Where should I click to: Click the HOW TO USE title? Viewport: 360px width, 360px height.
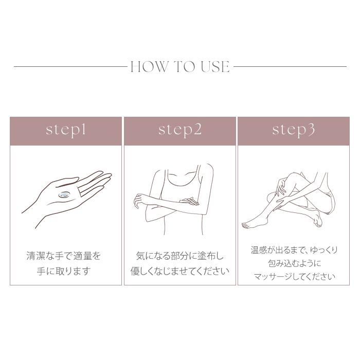[180, 67]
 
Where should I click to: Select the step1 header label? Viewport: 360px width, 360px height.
[66, 130]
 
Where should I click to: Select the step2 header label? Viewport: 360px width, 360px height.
[180, 130]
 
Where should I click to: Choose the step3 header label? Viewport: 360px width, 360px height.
[293, 130]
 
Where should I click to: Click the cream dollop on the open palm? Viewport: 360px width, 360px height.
[65, 194]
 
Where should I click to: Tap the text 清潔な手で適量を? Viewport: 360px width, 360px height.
[64, 256]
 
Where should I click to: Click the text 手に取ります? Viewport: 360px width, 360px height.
[64, 271]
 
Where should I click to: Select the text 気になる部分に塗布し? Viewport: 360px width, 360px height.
[180, 256]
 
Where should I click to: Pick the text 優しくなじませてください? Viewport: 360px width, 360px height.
[180, 271]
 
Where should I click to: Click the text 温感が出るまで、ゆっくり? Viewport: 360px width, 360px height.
[294, 250]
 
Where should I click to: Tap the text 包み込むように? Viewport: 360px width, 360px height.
[294, 263]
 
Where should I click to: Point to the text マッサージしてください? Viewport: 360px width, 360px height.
[294, 277]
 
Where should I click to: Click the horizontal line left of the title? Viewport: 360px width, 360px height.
[70, 66]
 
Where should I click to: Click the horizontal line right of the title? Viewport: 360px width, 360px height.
[290, 66]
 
